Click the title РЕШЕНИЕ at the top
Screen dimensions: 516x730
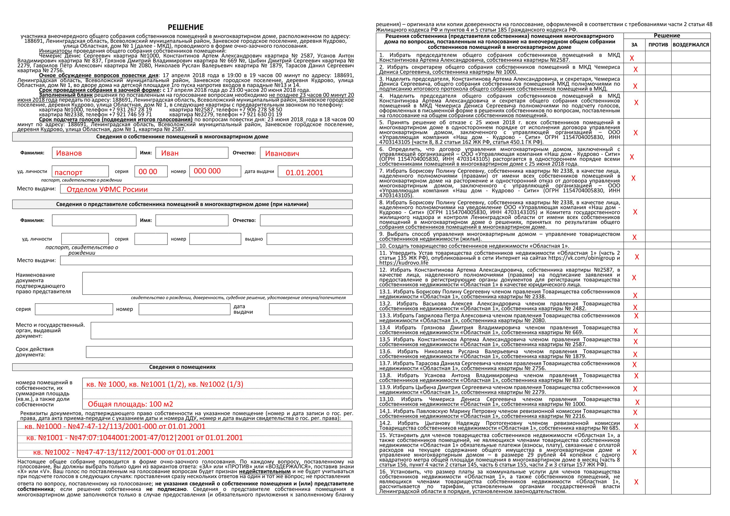point(185,27)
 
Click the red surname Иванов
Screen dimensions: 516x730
point(69,153)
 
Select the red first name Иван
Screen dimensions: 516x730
point(170,153)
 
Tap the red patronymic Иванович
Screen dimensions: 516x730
point(282,154)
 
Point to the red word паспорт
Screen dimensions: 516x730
point(68,173)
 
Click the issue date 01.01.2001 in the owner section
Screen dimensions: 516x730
point(304,173)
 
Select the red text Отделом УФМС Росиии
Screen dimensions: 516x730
point(107,189)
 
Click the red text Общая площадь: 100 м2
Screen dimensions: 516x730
point(130,404)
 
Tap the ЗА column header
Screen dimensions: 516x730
point(634,45)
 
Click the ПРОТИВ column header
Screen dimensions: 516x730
point(658,45)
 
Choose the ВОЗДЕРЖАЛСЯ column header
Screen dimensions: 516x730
point(691,45)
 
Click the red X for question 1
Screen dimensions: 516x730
point(632,58)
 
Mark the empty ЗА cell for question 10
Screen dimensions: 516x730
point(634,246)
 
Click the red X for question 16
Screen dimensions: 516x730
point(636,482)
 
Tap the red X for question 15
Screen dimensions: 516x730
point(634,452)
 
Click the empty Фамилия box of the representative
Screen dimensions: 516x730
point(94,220)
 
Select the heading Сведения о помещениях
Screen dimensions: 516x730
point(182,367)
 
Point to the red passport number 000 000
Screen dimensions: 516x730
point(207,171)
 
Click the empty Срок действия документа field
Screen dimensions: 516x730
point(219,352)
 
